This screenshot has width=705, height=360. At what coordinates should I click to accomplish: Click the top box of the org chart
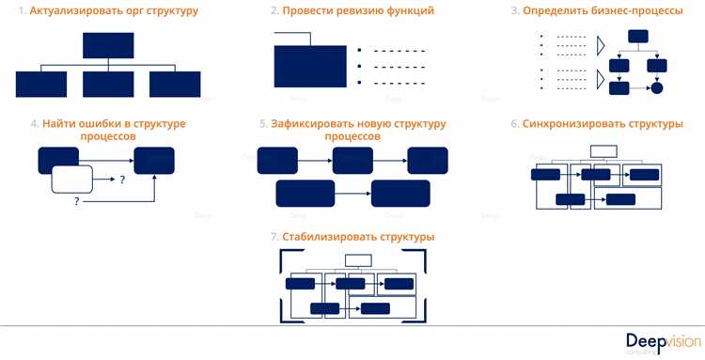[x=108, y=46]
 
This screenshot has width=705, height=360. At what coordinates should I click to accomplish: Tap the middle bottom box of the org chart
[x=108, y=85]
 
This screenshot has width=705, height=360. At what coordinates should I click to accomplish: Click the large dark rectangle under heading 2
[x=310, y=67]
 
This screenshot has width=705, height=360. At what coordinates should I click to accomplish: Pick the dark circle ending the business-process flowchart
[x=657, y=88]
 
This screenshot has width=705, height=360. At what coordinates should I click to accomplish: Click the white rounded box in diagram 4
[x=71, y=178]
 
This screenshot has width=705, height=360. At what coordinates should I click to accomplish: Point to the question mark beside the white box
[x=122, y=179]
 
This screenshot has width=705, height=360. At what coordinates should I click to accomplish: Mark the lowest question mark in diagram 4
[x=76, y=202]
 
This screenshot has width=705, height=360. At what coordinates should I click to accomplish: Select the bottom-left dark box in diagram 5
[x=305, y=194]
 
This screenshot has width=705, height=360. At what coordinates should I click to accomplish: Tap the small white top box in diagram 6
[x=603, y=150]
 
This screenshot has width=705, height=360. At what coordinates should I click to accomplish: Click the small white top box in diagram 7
[x=358, y=260]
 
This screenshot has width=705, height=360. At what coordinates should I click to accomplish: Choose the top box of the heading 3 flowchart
[x=638, y=37]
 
